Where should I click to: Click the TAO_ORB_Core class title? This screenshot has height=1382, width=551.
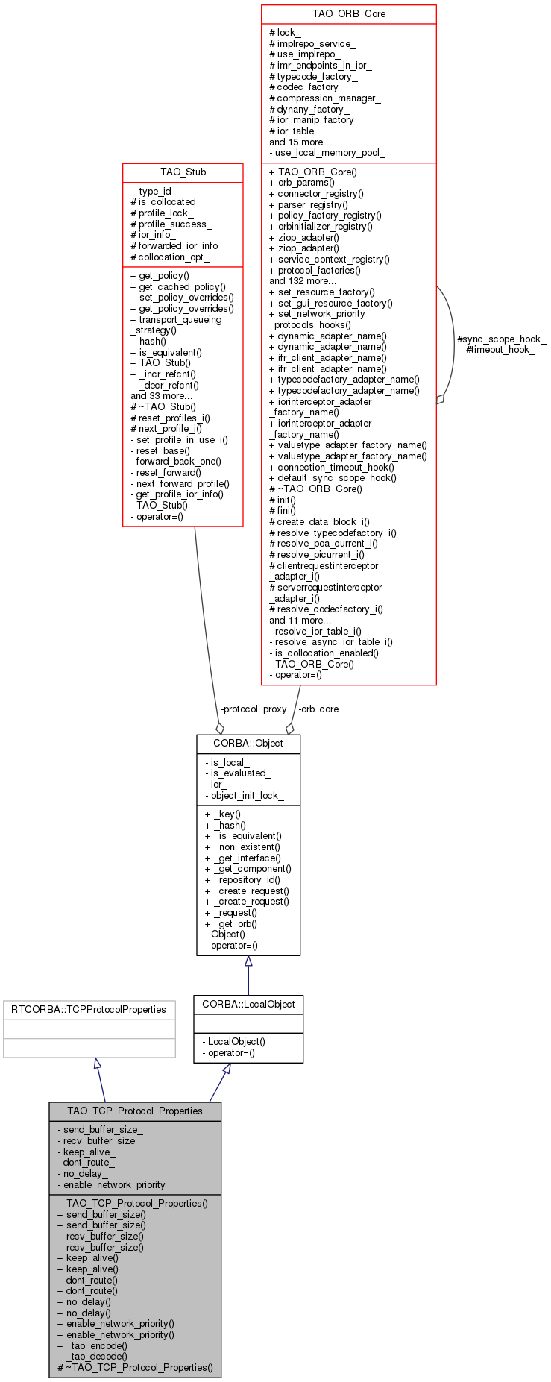click(x=348, y=14)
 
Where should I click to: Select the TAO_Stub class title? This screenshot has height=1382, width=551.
click(x=183, y=172)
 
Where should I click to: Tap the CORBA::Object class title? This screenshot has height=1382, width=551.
click(x=248, y=744)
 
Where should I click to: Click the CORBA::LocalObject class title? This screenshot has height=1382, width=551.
click(x=248, y=1005)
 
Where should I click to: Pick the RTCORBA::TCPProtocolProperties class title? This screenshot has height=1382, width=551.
click(x=89, y=1010)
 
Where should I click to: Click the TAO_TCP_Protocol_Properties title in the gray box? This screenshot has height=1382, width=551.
click(x=135, y=1111)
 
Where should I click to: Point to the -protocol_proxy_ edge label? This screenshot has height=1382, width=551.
click(x=256, y=709)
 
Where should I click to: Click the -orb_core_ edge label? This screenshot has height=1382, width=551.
click(x=321, y=709)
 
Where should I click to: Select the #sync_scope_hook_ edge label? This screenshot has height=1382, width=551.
click(x=501, y=339)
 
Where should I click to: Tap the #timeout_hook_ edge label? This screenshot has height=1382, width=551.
click(x=500, y=349)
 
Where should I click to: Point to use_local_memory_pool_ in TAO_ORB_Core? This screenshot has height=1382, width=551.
click(x=330, y=153)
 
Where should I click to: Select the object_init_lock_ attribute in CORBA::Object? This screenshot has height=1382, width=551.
click(x=247, y=795)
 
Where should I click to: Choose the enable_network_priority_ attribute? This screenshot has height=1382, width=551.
click(x=117, y=1184)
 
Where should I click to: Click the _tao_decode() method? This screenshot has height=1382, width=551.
click(x=96, y=1357)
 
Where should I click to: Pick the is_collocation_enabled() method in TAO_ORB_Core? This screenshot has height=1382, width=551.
click(x=327, y=653)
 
